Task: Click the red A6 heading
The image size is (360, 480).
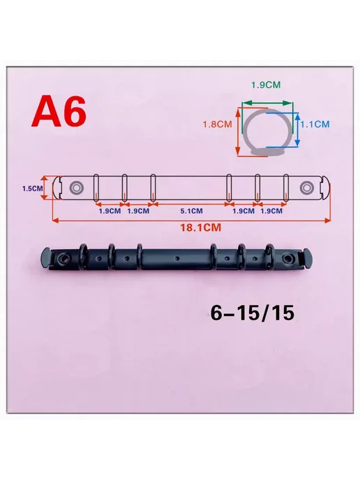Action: click(59, 112)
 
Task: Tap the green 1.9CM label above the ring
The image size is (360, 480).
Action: click(266, 85)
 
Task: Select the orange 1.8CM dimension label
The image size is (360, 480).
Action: click(218, 124)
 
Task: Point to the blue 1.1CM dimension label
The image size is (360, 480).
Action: click(315, 124)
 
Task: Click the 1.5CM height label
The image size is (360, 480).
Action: click(33, 188)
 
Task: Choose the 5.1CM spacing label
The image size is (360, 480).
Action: click(191, 211)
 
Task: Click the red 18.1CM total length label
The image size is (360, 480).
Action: click(200, 227)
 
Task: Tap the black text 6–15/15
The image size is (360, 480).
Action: click(253, 313)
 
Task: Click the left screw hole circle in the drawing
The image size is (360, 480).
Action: click(75, 188)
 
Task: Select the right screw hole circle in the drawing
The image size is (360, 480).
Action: click(306, 188)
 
